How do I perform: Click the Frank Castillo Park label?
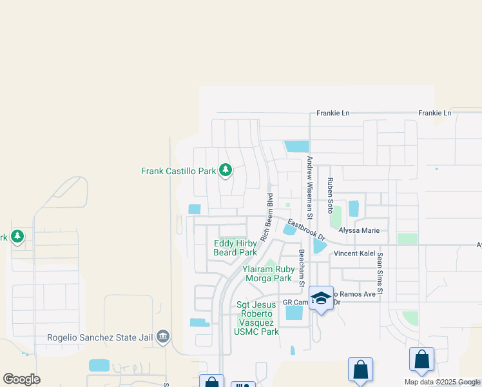point(178,171)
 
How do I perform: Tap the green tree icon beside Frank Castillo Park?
point(225,170)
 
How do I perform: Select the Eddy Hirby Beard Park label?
point(235,248)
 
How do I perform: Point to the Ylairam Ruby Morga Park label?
point(268,273)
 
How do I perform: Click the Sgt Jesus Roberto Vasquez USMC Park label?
point(257,318)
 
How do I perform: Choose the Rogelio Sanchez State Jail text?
point(102,337)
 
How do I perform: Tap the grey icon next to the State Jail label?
point(163,336)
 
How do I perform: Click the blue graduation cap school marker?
point(321,298)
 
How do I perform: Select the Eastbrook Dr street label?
point(307,230)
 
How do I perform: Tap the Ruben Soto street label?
point(329,196)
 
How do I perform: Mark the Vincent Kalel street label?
point(353,254)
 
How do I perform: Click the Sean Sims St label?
point(380,274)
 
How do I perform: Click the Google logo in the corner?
point(21,379)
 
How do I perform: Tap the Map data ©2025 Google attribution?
point(441,382)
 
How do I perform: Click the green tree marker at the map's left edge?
point(17,237)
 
